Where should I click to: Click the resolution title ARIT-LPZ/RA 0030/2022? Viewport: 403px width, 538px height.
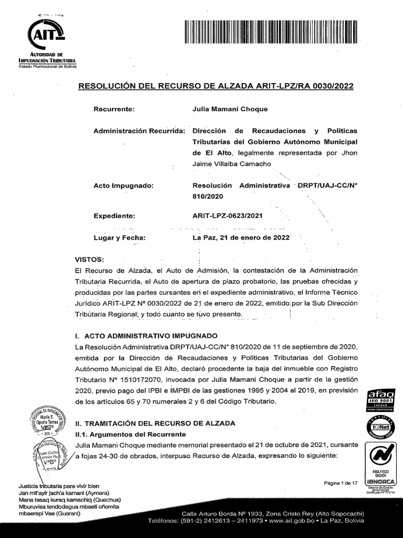click(x=216, y=86)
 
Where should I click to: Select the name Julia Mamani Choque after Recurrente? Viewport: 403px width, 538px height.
click(x=230, y=109)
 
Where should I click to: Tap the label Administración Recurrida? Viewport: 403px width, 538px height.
click(x=139, y=130)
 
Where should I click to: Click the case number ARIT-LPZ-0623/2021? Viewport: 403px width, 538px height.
click(x=228, y=216)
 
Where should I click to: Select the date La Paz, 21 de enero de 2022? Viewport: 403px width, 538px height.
click(x=241, y=237)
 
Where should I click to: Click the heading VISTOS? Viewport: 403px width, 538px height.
click(x=90, y=260)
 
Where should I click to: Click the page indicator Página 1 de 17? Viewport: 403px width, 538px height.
click(x=341, y=483)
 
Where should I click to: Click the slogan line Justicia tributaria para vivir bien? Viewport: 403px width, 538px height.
click(x=58, y=486)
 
